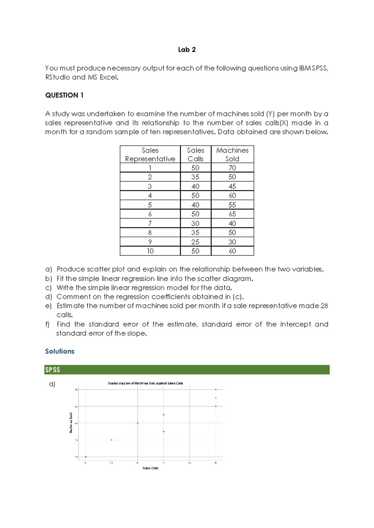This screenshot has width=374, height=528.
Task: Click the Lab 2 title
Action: [x=187, y=50]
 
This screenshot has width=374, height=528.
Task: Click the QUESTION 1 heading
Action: [x=64, y=95]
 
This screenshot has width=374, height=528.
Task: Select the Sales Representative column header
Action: [x=150, y=154]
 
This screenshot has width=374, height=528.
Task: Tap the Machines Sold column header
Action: [x=232, y=154]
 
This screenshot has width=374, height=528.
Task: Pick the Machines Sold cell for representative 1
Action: [x=232, y=168]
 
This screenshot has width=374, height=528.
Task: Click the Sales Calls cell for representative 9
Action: [x=195, y=242]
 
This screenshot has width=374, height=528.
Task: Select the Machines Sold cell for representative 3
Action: [x=232, y=186]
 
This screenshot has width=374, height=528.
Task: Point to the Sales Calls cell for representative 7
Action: [x=195, y=224]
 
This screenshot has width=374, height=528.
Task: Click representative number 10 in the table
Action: [x=150, y=251]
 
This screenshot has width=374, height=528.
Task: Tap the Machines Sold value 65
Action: [x=232, y=214]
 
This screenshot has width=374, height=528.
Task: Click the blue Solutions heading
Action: [x=60, y=351]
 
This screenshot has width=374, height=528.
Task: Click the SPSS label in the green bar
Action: [x=52, y=370]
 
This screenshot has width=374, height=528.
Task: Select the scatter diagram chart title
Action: [x=145, y=383]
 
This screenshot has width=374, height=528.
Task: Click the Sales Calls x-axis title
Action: [x=151, y=468]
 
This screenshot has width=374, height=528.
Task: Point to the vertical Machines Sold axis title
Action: [x=71, y=423]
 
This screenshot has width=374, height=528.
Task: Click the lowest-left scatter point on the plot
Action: [x=86, y=457]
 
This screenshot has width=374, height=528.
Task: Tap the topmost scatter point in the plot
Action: [x=216, y=389]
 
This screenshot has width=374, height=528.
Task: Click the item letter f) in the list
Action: [x=47, y=324]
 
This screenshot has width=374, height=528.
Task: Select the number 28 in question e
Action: [x=324, y=306]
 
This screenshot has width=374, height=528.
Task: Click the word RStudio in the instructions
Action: [x=58, y=77]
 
